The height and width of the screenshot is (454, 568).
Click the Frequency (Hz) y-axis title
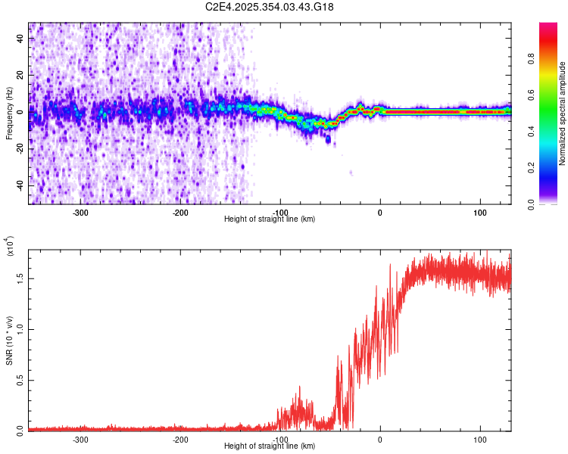coord(10,113)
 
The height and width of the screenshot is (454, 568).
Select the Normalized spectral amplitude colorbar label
coord(563,113)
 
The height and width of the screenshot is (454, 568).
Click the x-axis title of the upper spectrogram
coord(270,219)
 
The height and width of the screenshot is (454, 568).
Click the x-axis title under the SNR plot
coord(270,446)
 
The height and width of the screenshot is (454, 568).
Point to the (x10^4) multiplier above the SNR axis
coord(10,247)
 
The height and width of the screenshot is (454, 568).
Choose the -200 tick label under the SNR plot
coord(180,439)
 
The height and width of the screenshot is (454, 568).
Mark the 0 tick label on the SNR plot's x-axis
coord(380,439)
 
